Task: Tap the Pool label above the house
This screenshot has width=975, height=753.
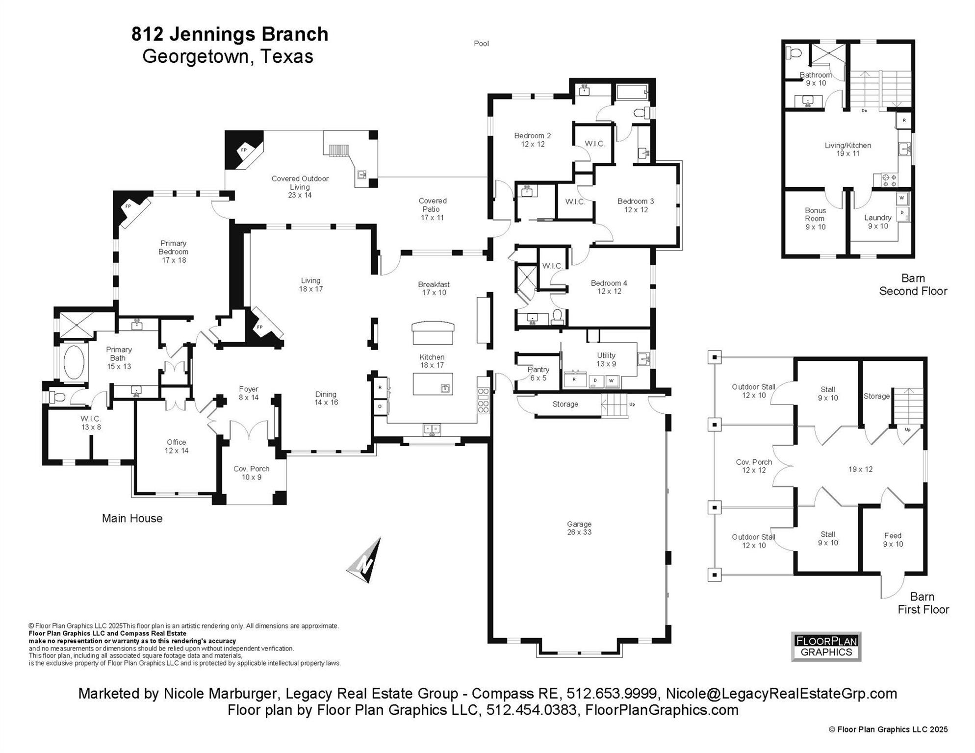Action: tap(481, 44)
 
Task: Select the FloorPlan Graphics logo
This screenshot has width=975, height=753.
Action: tap(826, 646)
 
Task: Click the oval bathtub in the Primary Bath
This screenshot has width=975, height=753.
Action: tap(74, 362)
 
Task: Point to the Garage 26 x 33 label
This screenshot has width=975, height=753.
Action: tap(579, 528)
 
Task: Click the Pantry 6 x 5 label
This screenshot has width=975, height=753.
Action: tap(538, 374)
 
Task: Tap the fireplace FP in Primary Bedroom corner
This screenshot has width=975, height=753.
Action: tap(129, 207)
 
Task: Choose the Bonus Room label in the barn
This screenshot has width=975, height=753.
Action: tap(815, 219)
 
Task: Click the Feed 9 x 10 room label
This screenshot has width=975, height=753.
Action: tap(893, 540)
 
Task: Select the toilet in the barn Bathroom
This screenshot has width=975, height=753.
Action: tap(793, 52)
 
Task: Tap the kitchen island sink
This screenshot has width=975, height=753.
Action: tap(445, 388)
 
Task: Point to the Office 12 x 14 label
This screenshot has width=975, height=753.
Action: tap(177, 446)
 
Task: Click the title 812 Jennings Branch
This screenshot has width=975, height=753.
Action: tap(230, 34)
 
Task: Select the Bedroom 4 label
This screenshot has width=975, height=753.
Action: tap(609, 287)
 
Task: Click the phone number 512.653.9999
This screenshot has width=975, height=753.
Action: tap(611, 694)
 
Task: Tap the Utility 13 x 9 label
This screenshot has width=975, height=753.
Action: tap(606, 359)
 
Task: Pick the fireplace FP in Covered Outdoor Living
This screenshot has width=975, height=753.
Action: tap(244, 150)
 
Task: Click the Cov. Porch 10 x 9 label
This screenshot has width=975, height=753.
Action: tap(251, 473)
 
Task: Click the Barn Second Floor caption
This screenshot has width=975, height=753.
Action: tap(912, 284)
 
